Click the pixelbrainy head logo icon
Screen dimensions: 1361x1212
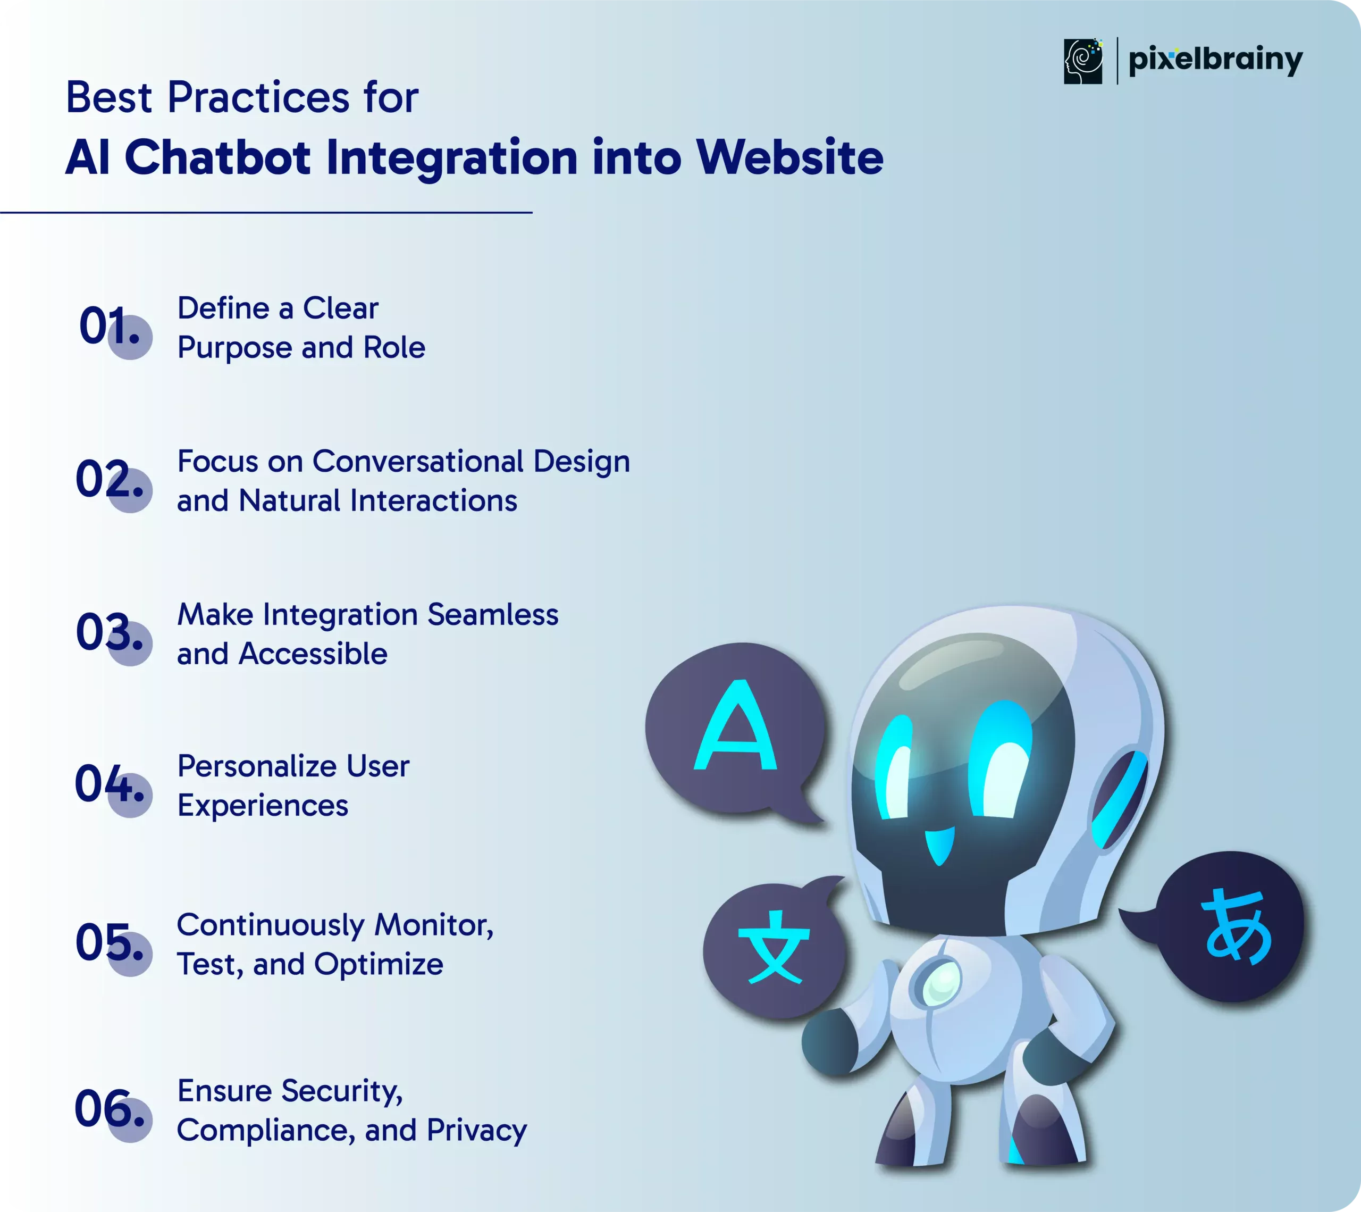click(x=1082, y=61)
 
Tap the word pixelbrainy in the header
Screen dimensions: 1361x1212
click(x=1216, y=61)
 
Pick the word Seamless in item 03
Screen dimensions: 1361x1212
click(x=493, y=614)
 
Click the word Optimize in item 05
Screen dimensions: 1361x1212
click(x=378, y=964)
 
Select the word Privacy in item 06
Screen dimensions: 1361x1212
click(x=477, y=1131)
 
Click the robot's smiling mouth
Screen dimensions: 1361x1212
click(x=939, y=845)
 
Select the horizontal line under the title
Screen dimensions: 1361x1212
click(x=266, y=212)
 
